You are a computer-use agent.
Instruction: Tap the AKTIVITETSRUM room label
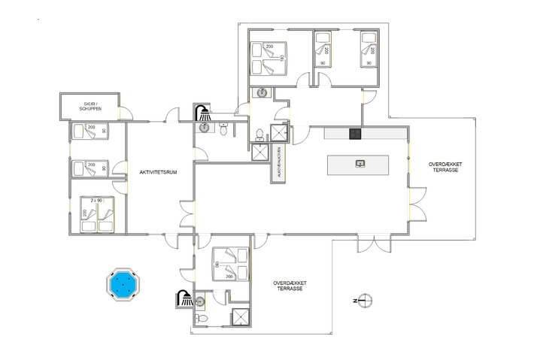click(157, 173)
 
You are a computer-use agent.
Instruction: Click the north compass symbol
click(363, 301)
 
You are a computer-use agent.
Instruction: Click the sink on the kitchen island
click(360, 162)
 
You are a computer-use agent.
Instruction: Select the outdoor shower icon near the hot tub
click(183, 298)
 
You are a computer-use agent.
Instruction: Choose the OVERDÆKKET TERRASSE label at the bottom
click(290, 286)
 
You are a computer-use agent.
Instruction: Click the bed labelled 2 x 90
click(98, 213)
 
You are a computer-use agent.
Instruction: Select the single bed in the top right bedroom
click(368, 50)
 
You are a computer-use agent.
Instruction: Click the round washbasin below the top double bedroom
click(262, 92)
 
